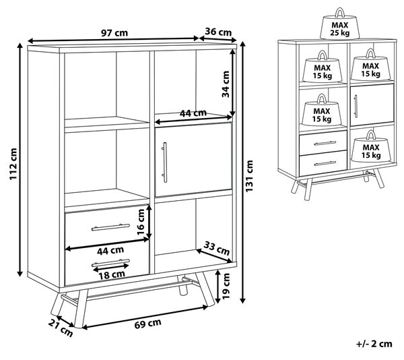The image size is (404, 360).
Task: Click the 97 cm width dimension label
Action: (x=114, y=33)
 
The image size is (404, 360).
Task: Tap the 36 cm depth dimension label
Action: (x=218, y=32)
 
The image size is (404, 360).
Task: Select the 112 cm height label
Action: (x=13, y=164)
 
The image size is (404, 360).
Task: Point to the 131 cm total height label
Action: (x=249, y=176)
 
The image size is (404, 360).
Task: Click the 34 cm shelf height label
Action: (x=226, y=84)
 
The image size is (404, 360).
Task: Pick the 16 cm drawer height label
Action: (x=141, y=222)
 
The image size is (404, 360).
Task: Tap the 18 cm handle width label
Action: (x=112, y=275)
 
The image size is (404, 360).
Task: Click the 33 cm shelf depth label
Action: (x=216, y=248)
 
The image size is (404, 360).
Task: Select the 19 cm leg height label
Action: (x=226, y=286)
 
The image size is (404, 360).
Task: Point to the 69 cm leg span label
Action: (x=147, y=324)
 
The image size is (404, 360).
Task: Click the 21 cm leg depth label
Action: (x=61, y=328)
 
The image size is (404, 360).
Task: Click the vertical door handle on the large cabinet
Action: (x=164, y=162)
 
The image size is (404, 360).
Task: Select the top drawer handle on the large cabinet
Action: (x=110, y=227)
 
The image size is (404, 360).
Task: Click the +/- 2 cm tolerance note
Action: (x=374, y=344)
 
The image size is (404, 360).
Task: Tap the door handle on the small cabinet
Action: (x=356, y=107)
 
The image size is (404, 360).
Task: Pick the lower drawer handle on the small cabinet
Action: (x=325, y=163)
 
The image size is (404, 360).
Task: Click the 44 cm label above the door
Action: (x=193, y=113)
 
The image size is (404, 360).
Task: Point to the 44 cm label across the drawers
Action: (x=110, y=250)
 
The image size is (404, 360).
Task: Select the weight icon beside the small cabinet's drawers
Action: (x=371, y=146)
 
